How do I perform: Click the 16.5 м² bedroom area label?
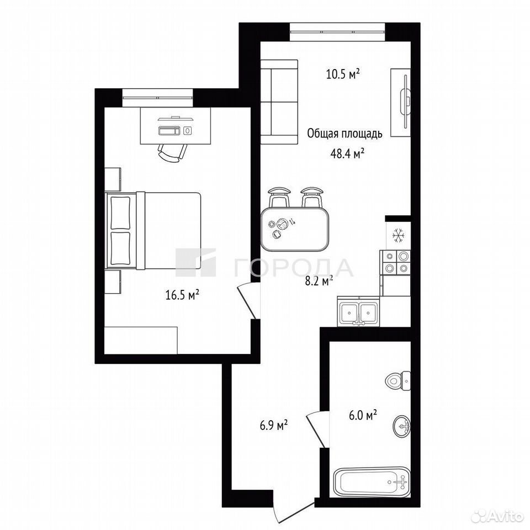pos(182,295)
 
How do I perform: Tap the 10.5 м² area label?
pos(342,73)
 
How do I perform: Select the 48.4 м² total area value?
pos(347,154)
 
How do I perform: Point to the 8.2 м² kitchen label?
pos(319,280)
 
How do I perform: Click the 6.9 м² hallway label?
pos(273,425)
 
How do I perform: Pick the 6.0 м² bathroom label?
pos(363,415)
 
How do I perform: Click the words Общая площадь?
pos(344,134)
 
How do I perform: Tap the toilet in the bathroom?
pos(398,380)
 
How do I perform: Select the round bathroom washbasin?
pos(402,426)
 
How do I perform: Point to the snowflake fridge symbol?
pos(399,235)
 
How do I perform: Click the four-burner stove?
pos(395,262)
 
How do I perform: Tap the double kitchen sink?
pos(359,312)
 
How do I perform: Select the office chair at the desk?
pos(173,153)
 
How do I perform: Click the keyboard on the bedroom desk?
pos(169,130)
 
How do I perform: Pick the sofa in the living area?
pos(279,103)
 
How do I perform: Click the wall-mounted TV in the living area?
pos(405,102)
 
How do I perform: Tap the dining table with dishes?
pos(295,229)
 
